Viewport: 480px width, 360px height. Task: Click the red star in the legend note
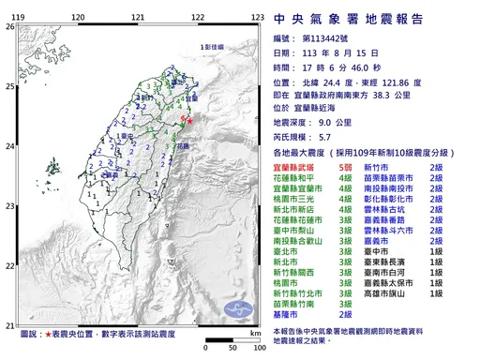coord(49,334)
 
